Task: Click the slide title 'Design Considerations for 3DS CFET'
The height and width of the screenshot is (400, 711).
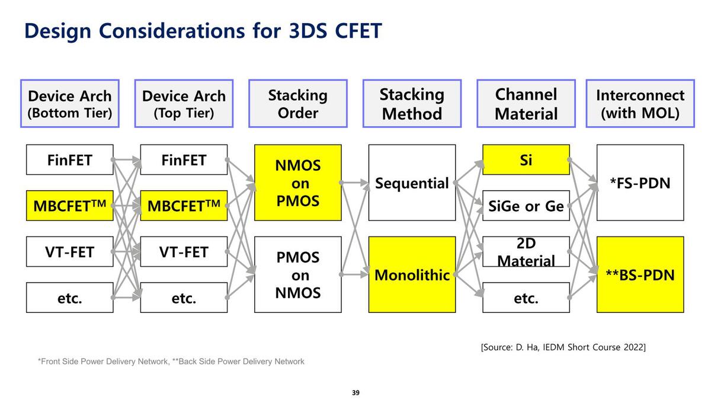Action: click(203, 31)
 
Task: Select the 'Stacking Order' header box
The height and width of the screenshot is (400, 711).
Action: click(298, 104)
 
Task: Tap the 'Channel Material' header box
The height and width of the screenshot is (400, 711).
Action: click(526, 104)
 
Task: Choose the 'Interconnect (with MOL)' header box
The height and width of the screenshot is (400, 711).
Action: click(640, 104)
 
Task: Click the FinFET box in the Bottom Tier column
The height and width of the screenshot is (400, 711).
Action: click(70, 160)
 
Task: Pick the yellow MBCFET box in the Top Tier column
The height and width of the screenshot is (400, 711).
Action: click(184, 206)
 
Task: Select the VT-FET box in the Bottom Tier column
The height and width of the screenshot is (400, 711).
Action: click(70, 252)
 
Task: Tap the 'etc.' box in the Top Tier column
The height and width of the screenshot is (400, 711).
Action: click(184, 297)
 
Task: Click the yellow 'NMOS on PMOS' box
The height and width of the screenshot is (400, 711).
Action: click(298, 183)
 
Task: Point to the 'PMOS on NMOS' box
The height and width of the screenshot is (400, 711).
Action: click(298, 274)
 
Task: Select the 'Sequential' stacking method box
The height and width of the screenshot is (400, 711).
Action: click(412, 183)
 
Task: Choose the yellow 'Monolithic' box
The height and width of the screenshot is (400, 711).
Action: click(412, 274)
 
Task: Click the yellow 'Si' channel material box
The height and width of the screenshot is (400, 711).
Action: click(526, 160)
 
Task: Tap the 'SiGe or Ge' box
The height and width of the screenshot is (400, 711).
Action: click(526, 206)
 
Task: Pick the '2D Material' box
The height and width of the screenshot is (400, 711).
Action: click(526, 252)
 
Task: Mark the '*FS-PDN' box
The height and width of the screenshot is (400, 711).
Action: click(640, 183)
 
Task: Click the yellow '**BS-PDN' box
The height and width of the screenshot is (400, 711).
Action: click(640, 274)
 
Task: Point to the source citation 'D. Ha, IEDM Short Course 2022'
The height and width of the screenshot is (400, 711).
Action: click(563, 347)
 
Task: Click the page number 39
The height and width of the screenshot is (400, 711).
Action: click(355, 392)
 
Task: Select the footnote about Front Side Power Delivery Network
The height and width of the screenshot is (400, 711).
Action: click(171, 361)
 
